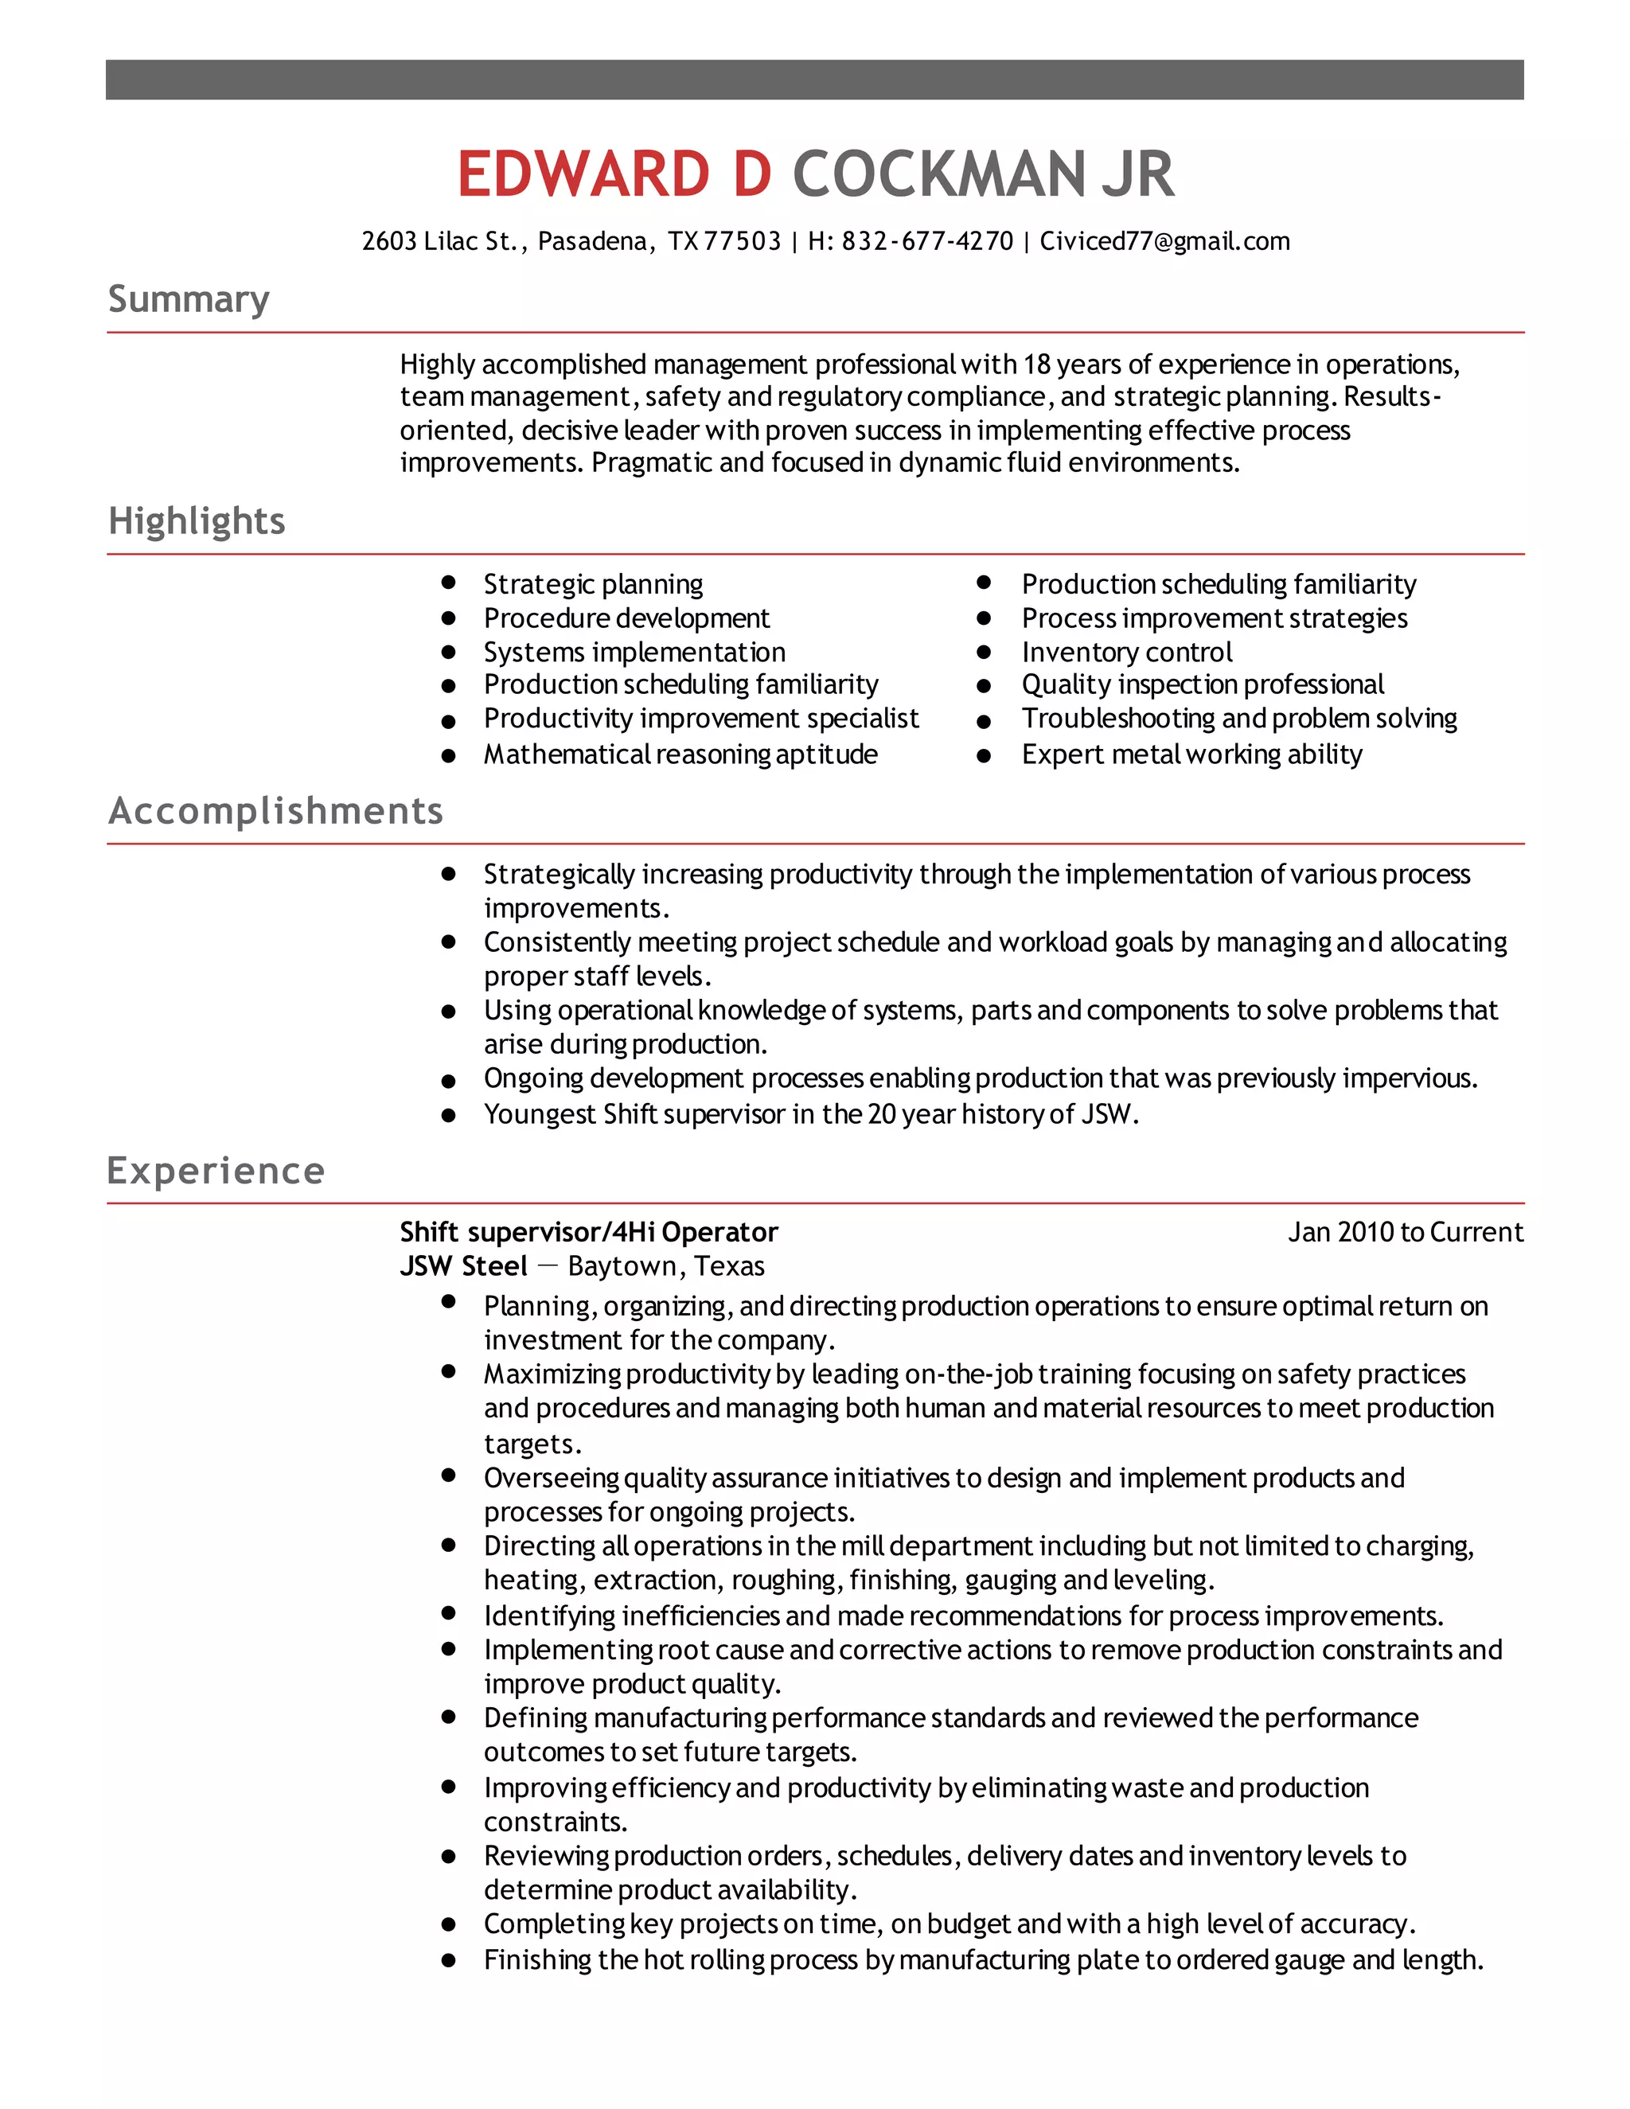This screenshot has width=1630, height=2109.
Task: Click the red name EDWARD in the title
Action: click(x=583, y=175)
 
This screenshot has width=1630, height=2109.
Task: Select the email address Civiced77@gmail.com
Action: click(x=1164, y=241)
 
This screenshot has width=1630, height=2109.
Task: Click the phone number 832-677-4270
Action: click(x=927, y=241)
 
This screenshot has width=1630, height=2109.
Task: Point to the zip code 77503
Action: click(x=742, y=241)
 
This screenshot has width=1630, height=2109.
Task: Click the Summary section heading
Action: click(x=189, y=299)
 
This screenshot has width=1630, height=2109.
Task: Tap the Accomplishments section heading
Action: click(x=275, y=811)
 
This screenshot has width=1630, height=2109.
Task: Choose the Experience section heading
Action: click(x=216, y=1171)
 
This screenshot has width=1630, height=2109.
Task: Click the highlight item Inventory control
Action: click(x=1126, y=653)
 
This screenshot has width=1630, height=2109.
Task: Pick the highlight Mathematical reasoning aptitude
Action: click(x=680, y=754)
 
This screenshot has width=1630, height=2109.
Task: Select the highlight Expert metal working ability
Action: click(x=1191, y=754)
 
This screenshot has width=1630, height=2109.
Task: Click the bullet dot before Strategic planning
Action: click(x=448, y=583)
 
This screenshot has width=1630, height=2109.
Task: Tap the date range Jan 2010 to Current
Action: click(x=1405, y=1232)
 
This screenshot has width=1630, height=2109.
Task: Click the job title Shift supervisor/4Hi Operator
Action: click(x=588, y=1232)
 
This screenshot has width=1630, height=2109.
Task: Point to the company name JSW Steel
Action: click(x=463, y=1266)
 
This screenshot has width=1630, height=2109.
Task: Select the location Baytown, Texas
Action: click(x=665, y=1266)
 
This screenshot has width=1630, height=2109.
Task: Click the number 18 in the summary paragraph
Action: click(x=1036, y=365)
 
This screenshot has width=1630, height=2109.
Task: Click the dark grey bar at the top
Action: click(x=814, y=79)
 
